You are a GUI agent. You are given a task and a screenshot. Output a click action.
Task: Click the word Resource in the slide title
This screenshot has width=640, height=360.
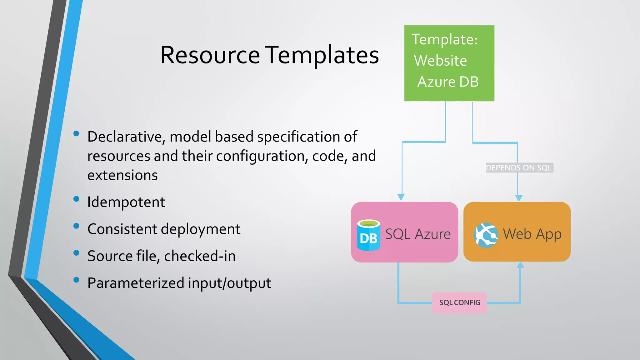pyautogui.click(x=210, y=55)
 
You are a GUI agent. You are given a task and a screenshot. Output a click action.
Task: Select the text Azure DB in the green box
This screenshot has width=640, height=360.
pyautogui.click(x=448, y=82)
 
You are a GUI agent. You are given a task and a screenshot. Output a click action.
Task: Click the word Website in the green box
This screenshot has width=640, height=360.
pyautogui.click(x=440, y=61)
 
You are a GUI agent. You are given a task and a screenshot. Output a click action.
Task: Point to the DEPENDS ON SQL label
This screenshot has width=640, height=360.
pyautogui.click(x=519, y=168)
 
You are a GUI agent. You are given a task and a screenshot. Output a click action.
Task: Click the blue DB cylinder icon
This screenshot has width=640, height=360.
pyautogui.click(x=368, y=235)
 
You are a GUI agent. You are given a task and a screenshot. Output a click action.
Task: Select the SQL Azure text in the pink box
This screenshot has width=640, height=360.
pyautogui.click(x=418, y=234)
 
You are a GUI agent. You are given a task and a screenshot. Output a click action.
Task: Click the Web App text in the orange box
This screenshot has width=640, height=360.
pyautogui.click(x=532, y=234)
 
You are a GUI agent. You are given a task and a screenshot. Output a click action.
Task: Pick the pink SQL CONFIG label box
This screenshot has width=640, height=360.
pyautogui.click(x=459, y=302)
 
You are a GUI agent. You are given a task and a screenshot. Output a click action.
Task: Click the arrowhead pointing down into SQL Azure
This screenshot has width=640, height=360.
pyautogui.click(x=401, y=197)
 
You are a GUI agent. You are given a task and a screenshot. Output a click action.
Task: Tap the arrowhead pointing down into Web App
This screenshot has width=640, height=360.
pyautogui.click(x=518, y=198)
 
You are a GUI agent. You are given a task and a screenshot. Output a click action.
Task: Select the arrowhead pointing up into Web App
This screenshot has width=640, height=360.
pyautogui.click(x=520, y=265)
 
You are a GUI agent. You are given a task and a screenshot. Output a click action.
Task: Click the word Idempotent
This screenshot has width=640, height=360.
pyautogui.click(x=126, y=202)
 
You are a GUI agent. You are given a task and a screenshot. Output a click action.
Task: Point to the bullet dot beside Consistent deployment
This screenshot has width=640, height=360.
pyautogui.click(x=76, y=226)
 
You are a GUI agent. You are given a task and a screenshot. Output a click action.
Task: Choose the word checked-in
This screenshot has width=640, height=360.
pyautogui.click(x=200, y=256)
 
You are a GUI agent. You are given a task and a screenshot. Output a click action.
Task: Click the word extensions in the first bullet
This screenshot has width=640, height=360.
pyautogui.click(x=122, y=175)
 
